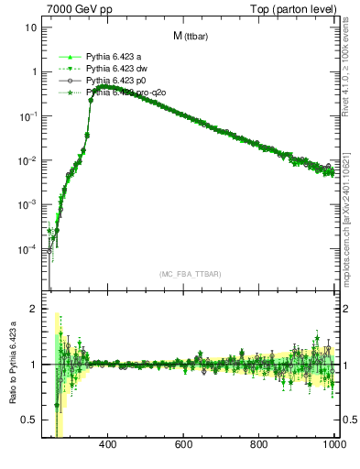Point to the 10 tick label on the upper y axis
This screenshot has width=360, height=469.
[x=30, y=27]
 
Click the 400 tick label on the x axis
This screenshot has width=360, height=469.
[x=107, y=446]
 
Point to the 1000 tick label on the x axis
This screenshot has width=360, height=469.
[x=333, y=446]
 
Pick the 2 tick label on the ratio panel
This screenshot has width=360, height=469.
[x=33, y=310]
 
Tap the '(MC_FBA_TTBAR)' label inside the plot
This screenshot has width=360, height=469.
[x=190, y=275]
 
